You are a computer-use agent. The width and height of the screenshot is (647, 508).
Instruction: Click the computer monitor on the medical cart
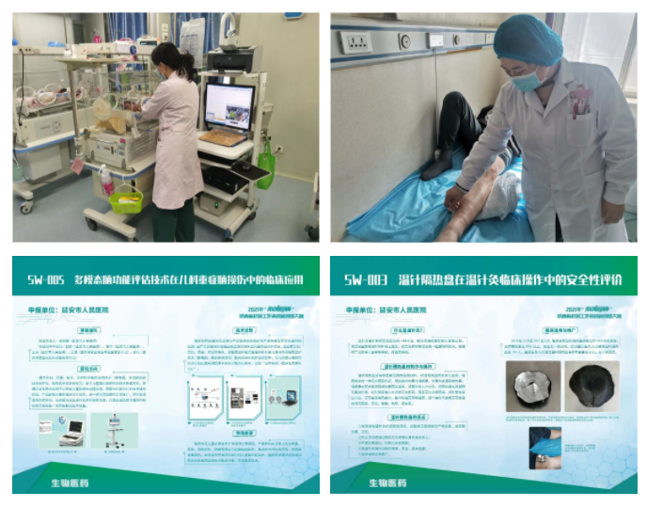[x=229, y=104]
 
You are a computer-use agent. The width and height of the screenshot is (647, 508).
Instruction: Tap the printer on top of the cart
[x=230, y=59]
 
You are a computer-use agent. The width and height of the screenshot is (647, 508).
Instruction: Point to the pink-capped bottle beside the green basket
[x=106, y=180]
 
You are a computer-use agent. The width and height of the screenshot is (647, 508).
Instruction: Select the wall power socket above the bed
[x=355, y=41]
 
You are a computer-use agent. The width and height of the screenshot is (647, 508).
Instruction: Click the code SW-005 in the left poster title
[x=47, y=280]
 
